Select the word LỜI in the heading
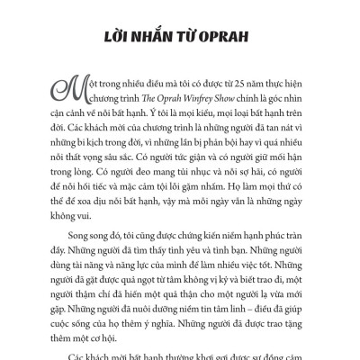[x=121, y=42]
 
